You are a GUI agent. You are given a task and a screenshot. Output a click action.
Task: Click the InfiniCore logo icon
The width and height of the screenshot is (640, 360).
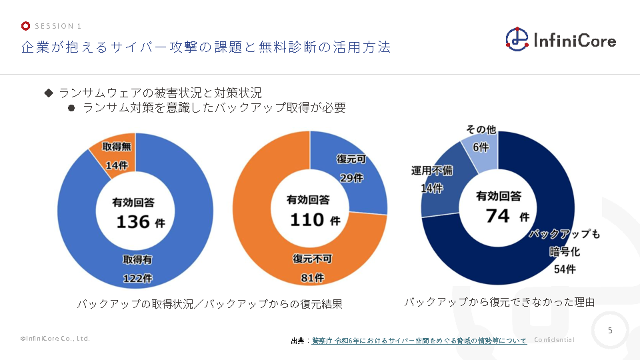517,39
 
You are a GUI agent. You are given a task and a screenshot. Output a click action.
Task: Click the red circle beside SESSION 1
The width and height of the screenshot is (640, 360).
25,26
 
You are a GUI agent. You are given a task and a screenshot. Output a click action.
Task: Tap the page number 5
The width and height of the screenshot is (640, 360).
610,330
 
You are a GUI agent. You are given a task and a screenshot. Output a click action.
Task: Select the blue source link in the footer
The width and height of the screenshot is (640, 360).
419,341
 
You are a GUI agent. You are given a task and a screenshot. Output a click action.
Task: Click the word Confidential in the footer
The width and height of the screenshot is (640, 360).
554,340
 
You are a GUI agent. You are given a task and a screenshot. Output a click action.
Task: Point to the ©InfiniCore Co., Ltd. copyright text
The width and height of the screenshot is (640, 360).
55,339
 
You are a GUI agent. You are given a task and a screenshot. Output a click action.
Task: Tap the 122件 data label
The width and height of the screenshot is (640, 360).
137,278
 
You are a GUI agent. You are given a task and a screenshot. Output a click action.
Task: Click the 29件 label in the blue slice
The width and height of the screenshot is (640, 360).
351,177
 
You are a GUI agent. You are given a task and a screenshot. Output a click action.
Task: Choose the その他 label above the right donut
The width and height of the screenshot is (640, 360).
480,129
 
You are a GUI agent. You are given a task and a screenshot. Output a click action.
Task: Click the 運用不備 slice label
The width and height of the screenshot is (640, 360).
432,171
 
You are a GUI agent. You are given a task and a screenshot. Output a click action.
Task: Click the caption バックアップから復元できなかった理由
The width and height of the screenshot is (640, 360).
499,303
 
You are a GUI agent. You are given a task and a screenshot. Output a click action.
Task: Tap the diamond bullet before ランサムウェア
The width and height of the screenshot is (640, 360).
48,92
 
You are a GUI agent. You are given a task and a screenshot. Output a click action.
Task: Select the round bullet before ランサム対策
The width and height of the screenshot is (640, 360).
71,107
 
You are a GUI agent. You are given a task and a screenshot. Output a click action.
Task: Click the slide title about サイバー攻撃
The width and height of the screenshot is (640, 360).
205,47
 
